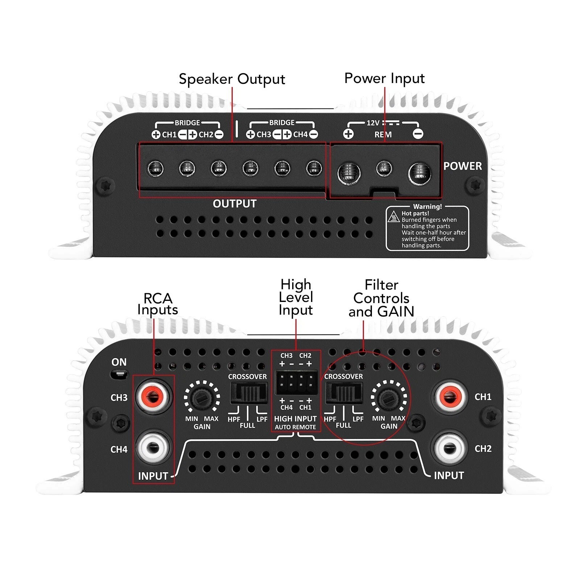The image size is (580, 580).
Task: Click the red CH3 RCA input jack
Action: coord(152,397)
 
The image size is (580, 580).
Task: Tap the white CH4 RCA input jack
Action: coord(152,448)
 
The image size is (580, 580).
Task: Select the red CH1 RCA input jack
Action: coord(449,397)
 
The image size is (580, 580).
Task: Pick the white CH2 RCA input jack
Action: coord(449,448)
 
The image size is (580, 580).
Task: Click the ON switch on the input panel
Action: coord(119,374)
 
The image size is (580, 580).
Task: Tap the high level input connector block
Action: coord(296,382)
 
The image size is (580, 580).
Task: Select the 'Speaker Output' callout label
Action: coord(232,79)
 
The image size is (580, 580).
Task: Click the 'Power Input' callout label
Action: coord(384,78)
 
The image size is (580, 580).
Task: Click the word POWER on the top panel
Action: coord(463,166)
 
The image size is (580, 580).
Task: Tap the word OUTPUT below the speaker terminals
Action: coord(235,204)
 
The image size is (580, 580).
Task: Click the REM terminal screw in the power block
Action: coord(384,168)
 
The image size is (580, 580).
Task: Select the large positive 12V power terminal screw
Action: coord(349,173)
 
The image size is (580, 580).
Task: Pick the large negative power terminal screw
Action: coord(420,173)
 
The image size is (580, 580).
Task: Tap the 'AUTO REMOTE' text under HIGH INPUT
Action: coord(295,427)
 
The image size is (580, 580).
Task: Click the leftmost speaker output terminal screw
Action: coord(156,168)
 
